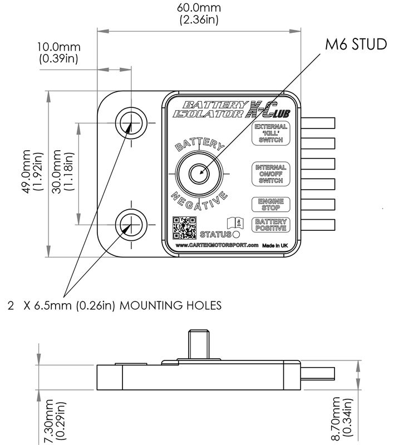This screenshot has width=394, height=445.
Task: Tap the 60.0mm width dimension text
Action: [x=198, y=14]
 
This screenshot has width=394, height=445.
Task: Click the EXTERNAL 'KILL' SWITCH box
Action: [x=270, y=133]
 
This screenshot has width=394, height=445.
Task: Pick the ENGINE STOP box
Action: [x=270, y=205]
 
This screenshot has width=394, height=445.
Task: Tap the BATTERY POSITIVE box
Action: [x=270, y=225]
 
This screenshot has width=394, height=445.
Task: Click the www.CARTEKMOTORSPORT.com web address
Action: [x=217, y=245]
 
